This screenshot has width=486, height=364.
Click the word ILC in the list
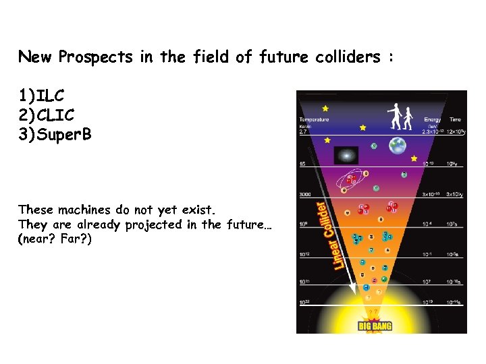coord(51,96)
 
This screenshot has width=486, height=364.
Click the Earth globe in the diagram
coord(398,146)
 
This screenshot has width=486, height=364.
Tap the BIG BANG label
coord(375,326)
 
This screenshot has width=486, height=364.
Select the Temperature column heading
coord(314,119)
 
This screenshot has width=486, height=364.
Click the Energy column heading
coord(433,119)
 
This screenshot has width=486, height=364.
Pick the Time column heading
coord(456,119)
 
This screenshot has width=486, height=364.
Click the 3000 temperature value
coord(305,195)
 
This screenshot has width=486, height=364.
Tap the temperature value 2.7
coord(303,132)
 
